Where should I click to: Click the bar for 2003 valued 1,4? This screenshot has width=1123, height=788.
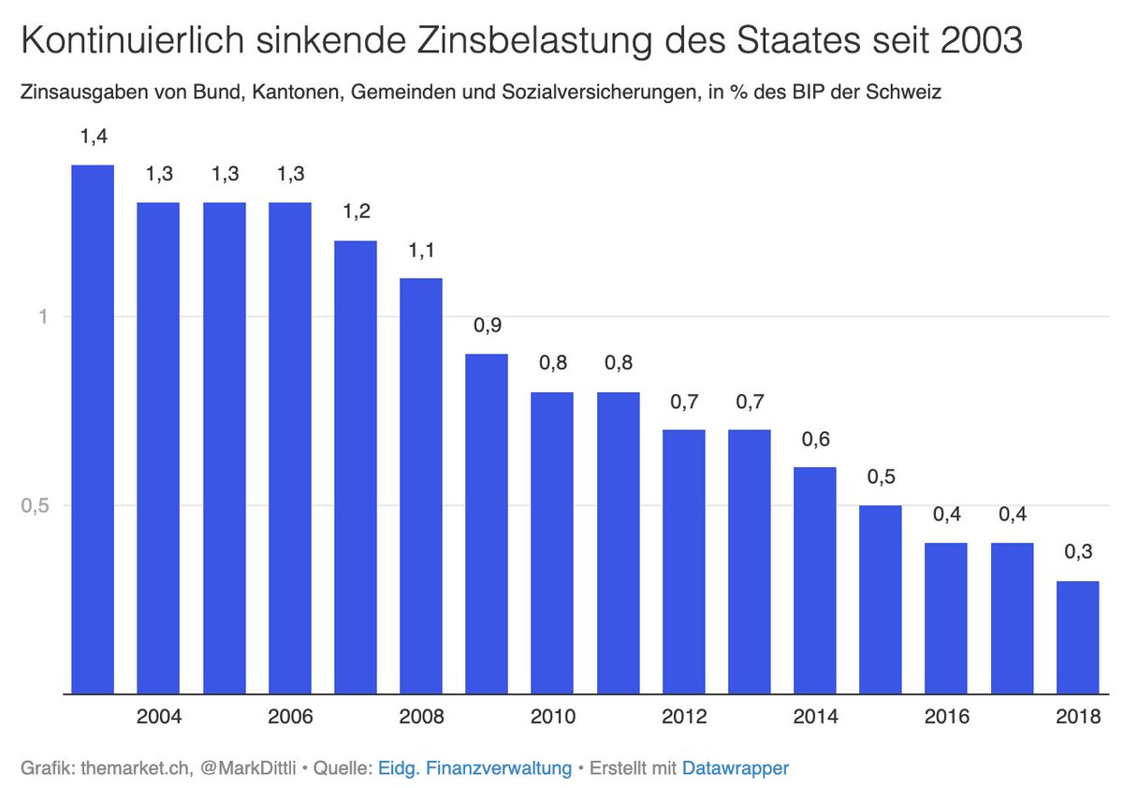pyautogui.click(x=93, y=430)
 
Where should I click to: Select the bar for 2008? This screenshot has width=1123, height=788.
pyautogui.click(x=421, y=486)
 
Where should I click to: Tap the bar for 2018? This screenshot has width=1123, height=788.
pyautogui.click(x=1077, y=637)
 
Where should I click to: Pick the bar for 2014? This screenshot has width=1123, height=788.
pyautogui.click(x=814, y=580)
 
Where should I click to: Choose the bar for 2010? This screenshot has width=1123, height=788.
pyautogui.click(x=552, y=543)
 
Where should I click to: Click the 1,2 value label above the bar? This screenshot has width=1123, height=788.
pyautogui.click(x=356, y=212)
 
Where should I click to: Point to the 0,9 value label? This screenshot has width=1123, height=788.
pyautogui.click(x=487, y=325)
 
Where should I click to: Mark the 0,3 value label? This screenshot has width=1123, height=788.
pyautogui.click(x=1077, y=552)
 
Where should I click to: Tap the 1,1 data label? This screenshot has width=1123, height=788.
pyautogui.click(x=421, y=250)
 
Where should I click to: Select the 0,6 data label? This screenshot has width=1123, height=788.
pyautogui.click(x=814, y=438)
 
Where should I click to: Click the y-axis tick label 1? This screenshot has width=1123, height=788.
pyautogui.click(x=42, y=316)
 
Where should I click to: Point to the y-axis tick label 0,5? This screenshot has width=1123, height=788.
pyautogui.click(x=34, y=505)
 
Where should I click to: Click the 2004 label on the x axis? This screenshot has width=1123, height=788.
pyautogui.click(x=158, y=718)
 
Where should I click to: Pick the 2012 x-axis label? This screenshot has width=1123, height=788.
pyautogui.click(x=683, y=718)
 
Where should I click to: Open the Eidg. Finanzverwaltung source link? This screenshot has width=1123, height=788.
pyautogui.click(x=474, y=768)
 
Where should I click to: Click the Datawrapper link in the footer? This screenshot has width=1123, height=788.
pyautogui.click(x=736, y=768)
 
